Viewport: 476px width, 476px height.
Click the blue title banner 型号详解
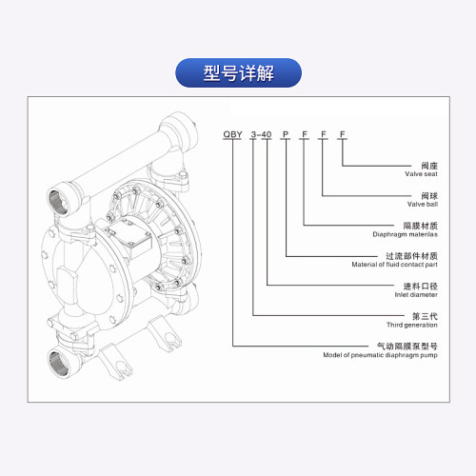pos(238,72)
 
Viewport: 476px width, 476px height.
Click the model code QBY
pos(232,134)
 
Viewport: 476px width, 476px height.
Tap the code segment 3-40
pos(261,134)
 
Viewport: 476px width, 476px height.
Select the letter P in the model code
pos(286,134)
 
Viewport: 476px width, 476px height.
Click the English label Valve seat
pos(421,174)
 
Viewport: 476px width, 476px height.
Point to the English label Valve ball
pos(423,204)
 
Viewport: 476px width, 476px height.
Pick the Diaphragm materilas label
pos(405,234)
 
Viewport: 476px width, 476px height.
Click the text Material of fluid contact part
pos(394,265)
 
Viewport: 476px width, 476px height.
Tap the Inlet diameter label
pos(416,294)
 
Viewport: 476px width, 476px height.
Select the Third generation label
pos(412,325)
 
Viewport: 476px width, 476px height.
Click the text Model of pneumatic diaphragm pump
pos(380,355)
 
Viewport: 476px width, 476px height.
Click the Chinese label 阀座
pos(429,166)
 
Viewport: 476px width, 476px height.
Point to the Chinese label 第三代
pos(425,316)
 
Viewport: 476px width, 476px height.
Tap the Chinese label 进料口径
pos(421,287)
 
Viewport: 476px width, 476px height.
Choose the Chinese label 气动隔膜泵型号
pos(407,347)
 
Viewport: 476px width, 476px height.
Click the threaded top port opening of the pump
pos(59,202)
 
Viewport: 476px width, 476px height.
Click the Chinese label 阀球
pos(429,196)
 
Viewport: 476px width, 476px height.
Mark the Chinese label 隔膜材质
pos(421,226)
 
